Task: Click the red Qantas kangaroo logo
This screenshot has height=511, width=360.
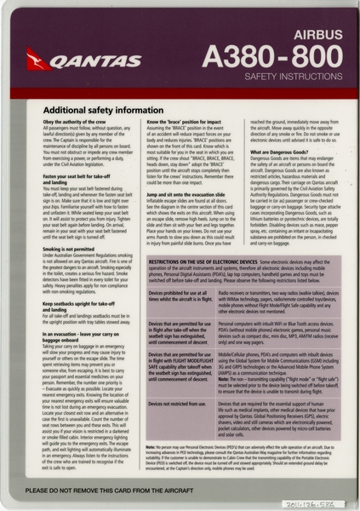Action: (38, 59)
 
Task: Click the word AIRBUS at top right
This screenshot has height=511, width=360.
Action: (307, 36)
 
